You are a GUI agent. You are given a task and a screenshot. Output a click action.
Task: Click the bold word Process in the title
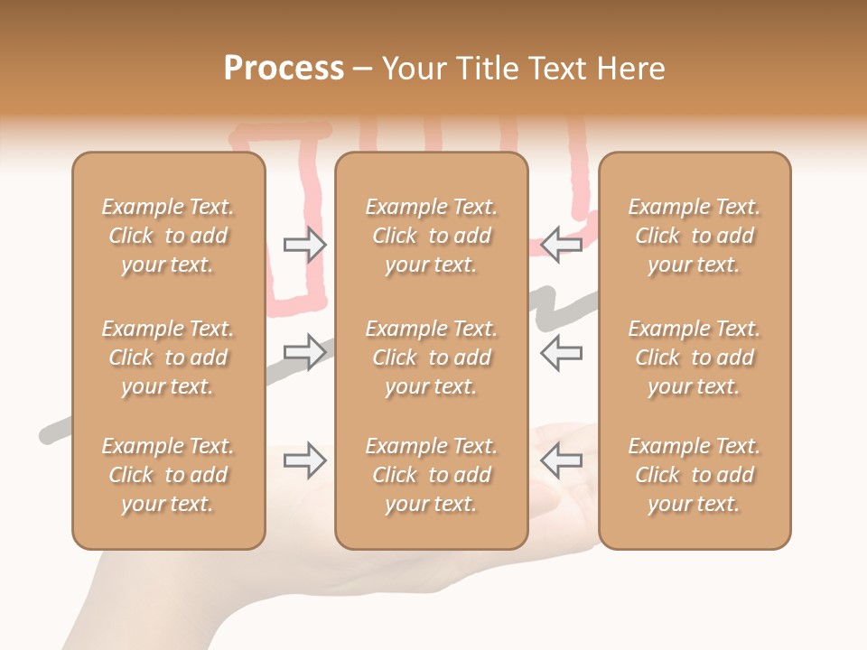point(284,68)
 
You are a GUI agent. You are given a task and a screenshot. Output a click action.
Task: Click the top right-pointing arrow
point(304,246)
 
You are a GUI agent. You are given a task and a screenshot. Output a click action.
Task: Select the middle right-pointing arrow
point(304,351)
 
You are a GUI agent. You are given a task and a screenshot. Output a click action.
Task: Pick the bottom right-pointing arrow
point(304,460)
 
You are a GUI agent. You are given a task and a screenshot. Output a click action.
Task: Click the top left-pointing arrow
point(562,246)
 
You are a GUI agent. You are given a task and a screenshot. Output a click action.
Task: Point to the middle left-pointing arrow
point(562,351)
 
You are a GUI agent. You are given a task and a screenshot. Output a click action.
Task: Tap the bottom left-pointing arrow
point(562,460)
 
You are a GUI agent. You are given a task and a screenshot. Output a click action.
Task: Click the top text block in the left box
point(168,236)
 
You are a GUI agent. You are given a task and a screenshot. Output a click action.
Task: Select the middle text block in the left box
point(168,357)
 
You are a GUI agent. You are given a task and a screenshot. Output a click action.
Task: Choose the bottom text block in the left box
point(168,475)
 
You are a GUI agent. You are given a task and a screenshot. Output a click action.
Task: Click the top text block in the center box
point(432,236)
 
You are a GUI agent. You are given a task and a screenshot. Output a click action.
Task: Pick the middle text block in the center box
point(432,357)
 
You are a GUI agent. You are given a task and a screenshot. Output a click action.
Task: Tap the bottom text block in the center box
point(432,475)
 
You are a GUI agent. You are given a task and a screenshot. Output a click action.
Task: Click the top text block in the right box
point(695,236)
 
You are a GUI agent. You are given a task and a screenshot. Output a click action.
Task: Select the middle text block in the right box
point(695,357)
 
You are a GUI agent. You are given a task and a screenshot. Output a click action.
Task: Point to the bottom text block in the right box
point(695,475)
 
